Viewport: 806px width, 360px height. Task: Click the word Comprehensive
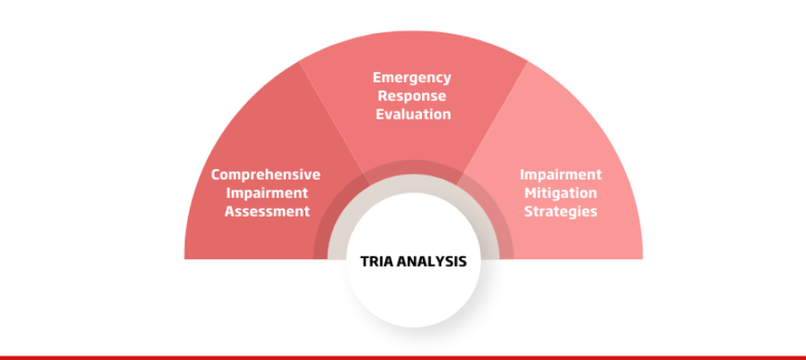[x=266, y=175]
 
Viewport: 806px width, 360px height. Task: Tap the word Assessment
[x=267, y=211]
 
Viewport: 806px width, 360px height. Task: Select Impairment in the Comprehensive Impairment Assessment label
[x=267, y=193]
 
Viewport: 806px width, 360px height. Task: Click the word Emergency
[x=412, y=78]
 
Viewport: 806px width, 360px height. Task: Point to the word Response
[x=412, y=96]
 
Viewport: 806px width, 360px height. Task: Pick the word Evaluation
[x=414, y=114]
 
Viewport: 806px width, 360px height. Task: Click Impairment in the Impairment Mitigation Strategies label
[x=561, y=175]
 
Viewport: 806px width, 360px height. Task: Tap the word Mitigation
[x=561, y=193]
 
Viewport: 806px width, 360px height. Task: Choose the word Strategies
[x=561, y=211]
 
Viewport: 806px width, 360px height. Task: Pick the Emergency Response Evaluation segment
[x=414, y=123]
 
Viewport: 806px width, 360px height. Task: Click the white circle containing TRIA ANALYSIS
[x=414, y=288]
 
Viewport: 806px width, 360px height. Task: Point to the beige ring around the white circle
[x=414, y=183]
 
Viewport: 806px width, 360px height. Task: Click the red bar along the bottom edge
[x=403, y=357]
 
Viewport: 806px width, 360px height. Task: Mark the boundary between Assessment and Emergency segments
[x=335, y=123]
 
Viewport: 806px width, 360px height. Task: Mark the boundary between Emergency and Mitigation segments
[x=492, y=123]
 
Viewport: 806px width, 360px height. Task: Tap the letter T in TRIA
[x=365, y=262]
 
